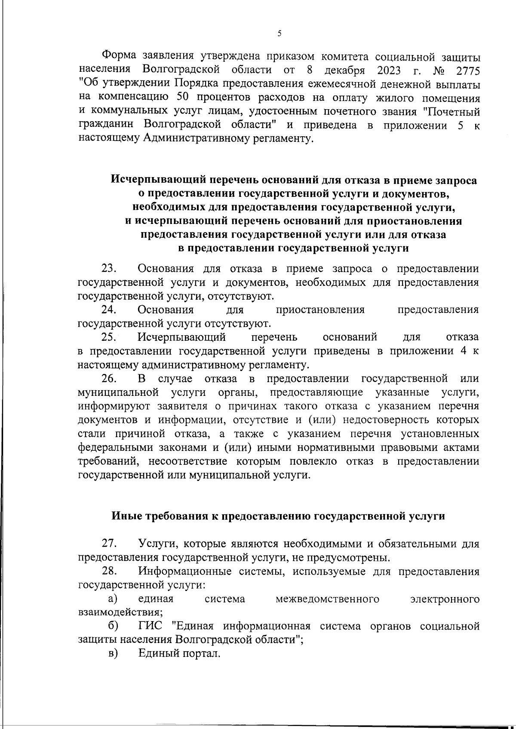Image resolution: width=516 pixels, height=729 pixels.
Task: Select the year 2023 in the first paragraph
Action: click(381, 70)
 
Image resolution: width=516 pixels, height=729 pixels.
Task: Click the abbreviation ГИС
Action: click(150, 626)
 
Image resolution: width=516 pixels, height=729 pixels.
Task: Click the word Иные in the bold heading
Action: click(126, 516)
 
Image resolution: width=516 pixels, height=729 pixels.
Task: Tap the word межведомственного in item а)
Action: click(327, 599)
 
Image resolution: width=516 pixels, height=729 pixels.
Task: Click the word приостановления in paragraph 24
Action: click(320, 310)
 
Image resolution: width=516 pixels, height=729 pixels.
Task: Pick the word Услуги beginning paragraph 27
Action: click(157, 544)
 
